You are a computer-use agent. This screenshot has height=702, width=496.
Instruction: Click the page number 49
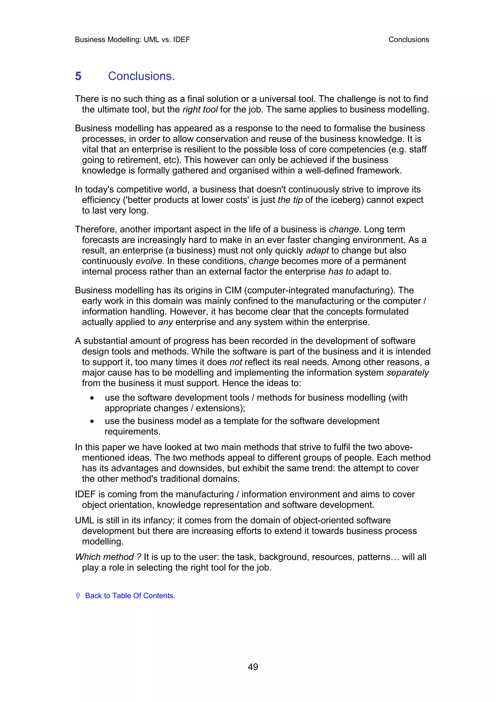(253, 667)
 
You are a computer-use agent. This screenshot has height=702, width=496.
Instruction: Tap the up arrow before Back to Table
(78, 596)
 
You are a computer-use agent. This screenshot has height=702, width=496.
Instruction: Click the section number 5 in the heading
(78, 76)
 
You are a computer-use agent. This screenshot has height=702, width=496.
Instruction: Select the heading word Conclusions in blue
(141, 76)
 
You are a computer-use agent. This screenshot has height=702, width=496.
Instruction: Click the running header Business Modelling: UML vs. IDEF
(132, 39)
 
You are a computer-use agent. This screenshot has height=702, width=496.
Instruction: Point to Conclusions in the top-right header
(409, 39)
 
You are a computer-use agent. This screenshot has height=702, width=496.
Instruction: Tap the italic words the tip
(290, 200)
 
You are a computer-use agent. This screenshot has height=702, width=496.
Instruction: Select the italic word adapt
(317, 250)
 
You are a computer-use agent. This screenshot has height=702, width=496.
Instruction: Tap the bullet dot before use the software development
(92, 398)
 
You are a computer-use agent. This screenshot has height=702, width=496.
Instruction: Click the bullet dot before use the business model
(92, 421)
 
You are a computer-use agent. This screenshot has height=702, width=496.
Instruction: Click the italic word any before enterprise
(165, 322)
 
